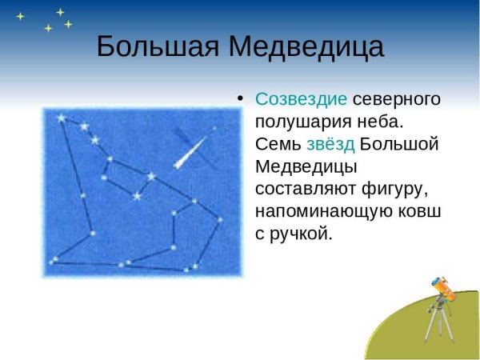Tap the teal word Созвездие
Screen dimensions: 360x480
pos(301,100)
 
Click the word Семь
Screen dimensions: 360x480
pos(278,145)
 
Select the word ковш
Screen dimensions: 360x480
pos(420,212)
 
